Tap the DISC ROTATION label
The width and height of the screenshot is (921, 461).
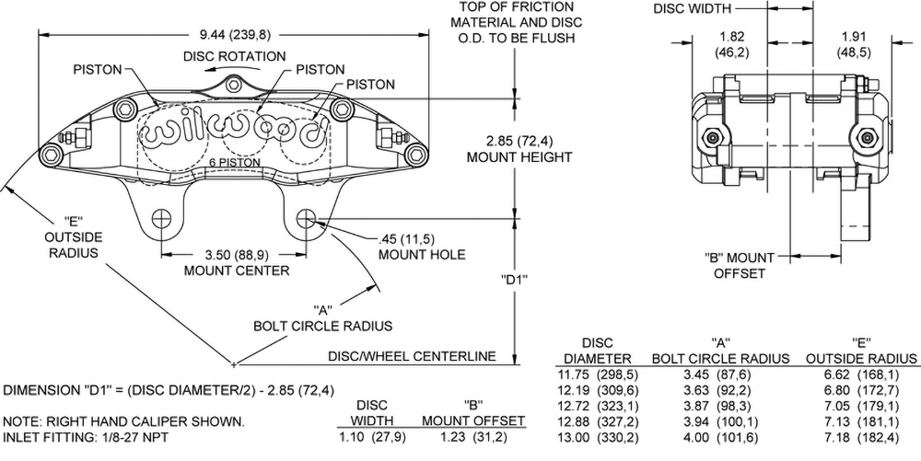[x=234, y=56]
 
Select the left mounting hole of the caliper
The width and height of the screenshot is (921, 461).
[x=162, y=219]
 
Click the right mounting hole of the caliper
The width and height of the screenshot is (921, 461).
[x=306, y=219]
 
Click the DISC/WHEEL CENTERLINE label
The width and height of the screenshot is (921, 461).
[x=413, y=356]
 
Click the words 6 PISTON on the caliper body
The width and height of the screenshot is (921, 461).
[x=234, y=163]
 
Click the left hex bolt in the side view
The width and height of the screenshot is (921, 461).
[x=711, y=137]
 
